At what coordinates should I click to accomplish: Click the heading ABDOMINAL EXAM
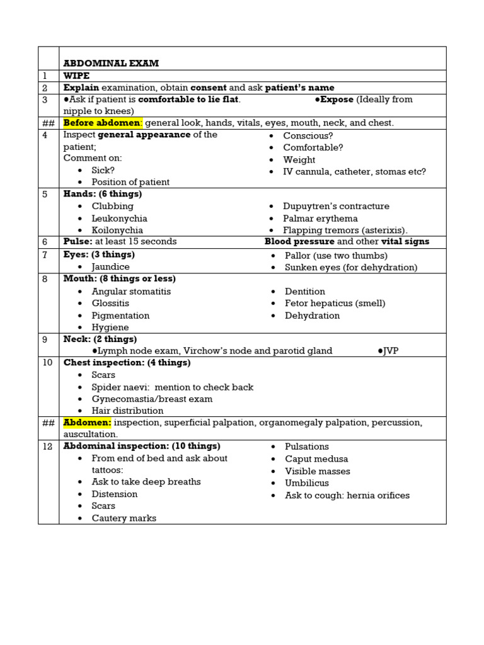tap(111, 63)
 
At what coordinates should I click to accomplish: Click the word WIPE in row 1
tap(76, 76)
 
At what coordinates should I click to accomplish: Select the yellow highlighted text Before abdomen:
tap(103, 123)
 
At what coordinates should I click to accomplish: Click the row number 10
tap(48, 363)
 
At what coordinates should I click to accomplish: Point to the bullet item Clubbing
tap(112, 206)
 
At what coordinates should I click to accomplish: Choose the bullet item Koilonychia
tap(117, 230)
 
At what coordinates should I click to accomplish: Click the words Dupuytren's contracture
tap(336, 206)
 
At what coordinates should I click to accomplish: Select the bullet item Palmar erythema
tap(320, 218)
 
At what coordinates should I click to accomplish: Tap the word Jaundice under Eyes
tap(110, 267)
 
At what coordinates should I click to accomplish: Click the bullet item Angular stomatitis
tap(131, 292)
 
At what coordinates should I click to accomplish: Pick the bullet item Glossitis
tap(110, 303)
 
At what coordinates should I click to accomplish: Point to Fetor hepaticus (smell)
tap(335, 303)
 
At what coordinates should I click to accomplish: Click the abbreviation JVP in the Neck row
tap(391, 351)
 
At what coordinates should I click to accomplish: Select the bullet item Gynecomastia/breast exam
tap(152, 399)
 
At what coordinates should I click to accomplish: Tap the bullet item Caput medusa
tap(316, 459)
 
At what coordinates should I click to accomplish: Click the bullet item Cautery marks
tap(124, 518)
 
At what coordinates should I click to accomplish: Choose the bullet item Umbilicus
tap(306, 483)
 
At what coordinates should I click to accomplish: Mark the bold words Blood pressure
tap(299, 242)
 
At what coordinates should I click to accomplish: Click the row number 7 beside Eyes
tap(45, 254)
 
